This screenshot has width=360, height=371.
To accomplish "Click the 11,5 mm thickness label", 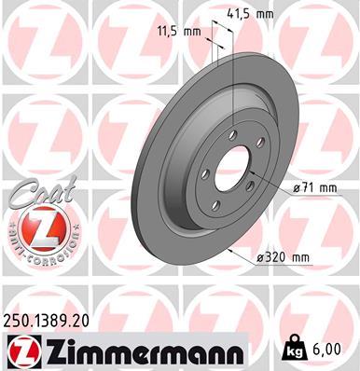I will pyautogui.click(x=177, y=32).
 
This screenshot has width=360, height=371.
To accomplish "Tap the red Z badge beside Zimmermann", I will pyautogui.click(x=21, y=351).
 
